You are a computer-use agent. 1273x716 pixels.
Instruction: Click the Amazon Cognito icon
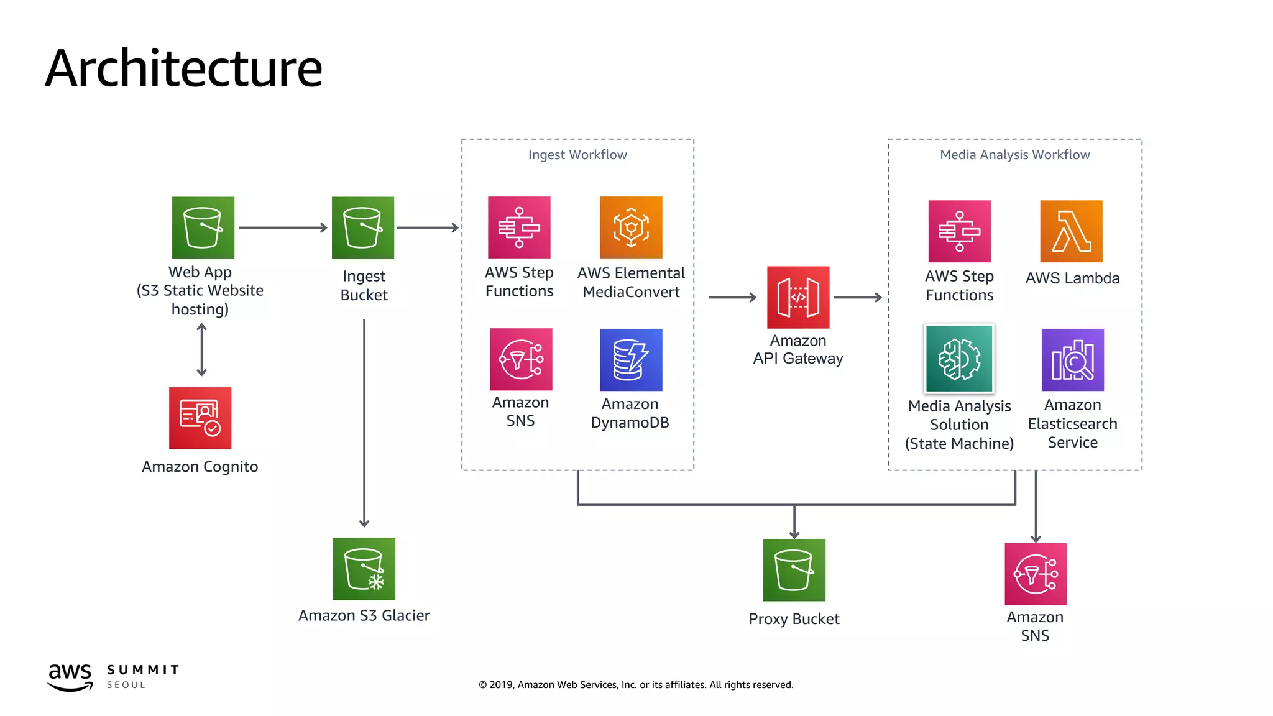pyautogui.click(x=200, y=418)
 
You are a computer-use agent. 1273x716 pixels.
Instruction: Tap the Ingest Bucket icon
pyautogui.click(x=363, y=227)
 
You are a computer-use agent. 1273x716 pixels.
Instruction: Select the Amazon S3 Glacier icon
pyautogui.click(x=364, y=569)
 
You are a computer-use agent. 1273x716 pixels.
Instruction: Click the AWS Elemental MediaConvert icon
pyautogui.click(x=631, y=227)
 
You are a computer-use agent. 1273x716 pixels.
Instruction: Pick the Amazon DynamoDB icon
pyautogui.click(x=631, y=360)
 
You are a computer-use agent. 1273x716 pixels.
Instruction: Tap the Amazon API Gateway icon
pyautogui.click(x=798, y=297)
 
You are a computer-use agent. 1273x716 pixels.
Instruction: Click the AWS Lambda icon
pyautogui.click(x=1071, y=231)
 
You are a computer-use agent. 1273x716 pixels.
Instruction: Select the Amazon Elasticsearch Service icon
pyautogui.click(x=1072, y=360)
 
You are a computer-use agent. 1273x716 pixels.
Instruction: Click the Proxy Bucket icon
pyautogui.click(x=794, y=570)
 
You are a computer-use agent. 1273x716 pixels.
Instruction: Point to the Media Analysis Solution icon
pyautogui.click(x=959, y=359)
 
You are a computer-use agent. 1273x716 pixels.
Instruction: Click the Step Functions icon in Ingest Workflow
pyautogui.click(x=519, y=227)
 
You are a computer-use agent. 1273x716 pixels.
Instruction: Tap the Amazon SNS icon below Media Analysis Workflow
pyautogui.click(x=1036, y=574)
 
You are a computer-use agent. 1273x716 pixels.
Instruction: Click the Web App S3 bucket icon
pyautogui.click(x=203, y=227)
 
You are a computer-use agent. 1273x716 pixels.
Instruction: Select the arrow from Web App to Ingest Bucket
pyautogui.click(x=283, y=227)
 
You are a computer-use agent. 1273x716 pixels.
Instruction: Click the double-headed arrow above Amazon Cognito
pyautogui.click(x=201, y=350)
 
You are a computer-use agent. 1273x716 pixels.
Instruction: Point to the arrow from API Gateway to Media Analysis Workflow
pyautogui.click(x=858, y=298)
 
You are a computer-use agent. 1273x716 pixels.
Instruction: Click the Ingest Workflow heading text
pyautogui.click(x=577, y=155)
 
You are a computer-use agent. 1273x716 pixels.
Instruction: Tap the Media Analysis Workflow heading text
pyautogui.click(x=1014, y=155)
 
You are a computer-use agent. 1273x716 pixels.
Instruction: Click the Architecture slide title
pyautogui.click(x=184, y=68)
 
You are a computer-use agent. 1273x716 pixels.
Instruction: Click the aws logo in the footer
pyautogui.click(x=70, y=676)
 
